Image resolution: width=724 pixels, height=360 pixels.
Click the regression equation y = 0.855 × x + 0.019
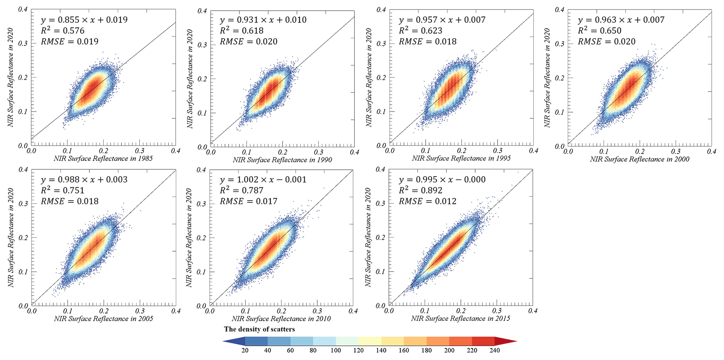tap(84, 20)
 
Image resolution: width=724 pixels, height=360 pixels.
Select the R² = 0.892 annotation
tap(421, 191)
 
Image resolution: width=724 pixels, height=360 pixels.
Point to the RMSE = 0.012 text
tap(428, 201)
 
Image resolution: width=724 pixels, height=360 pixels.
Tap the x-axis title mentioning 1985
tap(103, 159)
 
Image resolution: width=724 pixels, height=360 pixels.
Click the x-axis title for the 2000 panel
tap(640, 159)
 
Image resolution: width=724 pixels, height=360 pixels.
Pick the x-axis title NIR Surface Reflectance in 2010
tap(281, 319)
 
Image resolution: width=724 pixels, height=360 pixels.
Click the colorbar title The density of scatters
tap(260, 329)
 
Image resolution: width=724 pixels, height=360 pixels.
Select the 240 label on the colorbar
tap(495, 351)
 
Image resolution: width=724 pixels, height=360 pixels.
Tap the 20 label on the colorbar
tap(245, 351)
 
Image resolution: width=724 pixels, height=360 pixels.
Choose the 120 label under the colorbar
tap(358, 351)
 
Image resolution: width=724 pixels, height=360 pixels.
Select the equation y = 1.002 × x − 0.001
tap(263, 180)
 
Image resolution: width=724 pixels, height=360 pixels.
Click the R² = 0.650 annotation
tap(600, 31)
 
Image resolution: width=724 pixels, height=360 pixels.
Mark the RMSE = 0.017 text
tap(249, 201)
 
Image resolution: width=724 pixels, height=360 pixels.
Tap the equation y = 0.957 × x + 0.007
tap(442, 20)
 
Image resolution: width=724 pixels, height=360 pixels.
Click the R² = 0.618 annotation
tap(242, 31)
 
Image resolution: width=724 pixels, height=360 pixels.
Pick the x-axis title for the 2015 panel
tap(461, 319)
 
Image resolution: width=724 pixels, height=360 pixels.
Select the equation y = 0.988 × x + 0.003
tap(84, 180)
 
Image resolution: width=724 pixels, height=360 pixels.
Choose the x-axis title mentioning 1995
tap(461, 159)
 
